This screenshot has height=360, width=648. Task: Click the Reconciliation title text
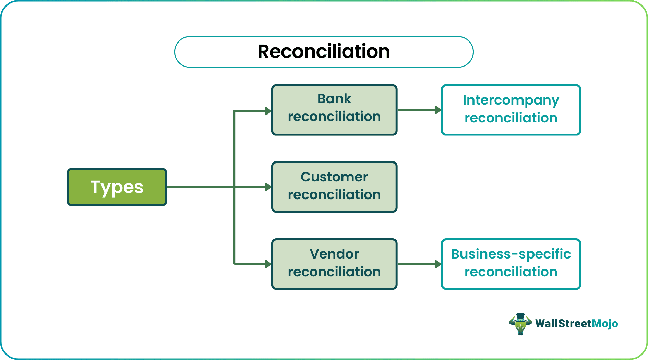point(324,52)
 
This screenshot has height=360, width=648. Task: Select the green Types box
point(117,187)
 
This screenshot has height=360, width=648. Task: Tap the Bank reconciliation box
point(334,110)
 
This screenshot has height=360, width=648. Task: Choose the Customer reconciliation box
point(334,187)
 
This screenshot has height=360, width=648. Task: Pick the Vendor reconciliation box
point(334,264)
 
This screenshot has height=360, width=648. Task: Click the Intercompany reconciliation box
point(511,110)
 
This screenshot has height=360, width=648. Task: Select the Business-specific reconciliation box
point(511,264)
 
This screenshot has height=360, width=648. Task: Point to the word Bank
point(334,99)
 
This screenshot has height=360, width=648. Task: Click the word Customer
point(334,177)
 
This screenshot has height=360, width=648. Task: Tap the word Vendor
point(334,254)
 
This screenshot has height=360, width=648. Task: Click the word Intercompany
point(511,100)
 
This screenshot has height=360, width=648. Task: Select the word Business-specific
point(511,254)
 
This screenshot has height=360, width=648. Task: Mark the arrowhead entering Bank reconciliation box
point(268,111)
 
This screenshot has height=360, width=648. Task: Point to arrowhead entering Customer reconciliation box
point(268,187)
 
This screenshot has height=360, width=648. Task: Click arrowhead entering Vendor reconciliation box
point(268,264)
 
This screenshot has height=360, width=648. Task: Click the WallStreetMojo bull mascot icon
point(520,324)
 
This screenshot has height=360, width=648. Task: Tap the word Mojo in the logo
point(605,324)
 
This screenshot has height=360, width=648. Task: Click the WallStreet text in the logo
point(563,324)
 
